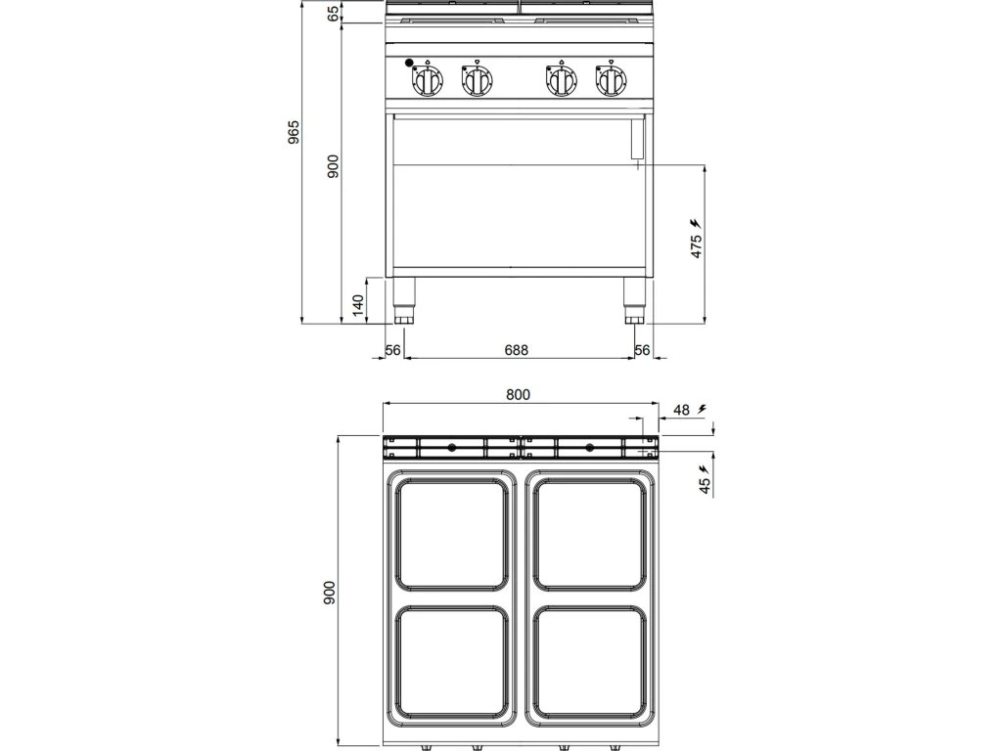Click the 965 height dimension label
[x=293, y=132]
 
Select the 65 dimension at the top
[x=334, y=13]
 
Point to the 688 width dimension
[x=517, y=350]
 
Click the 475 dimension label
[x=696, y=244]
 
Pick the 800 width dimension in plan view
[x=518, y=395]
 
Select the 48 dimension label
[x=682, y=410]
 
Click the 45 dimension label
[x=705, y=485]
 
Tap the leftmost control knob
[x=428, y=81]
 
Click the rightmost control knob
[x=612, y=81]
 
